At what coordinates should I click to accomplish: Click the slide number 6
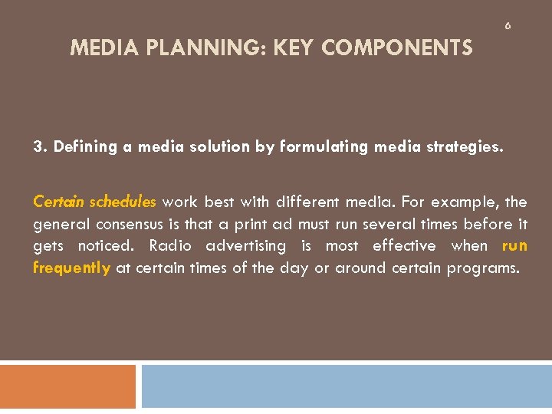point(508,26)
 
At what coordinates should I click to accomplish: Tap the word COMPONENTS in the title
point(397,49)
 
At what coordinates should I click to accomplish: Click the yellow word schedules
point(123,202)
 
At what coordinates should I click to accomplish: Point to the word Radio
point(170,246)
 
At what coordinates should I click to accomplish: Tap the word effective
point(404,246)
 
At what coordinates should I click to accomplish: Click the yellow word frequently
point(71,268)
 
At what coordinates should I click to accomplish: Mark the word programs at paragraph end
point(482,268)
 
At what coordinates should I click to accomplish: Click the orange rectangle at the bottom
point(67,386)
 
